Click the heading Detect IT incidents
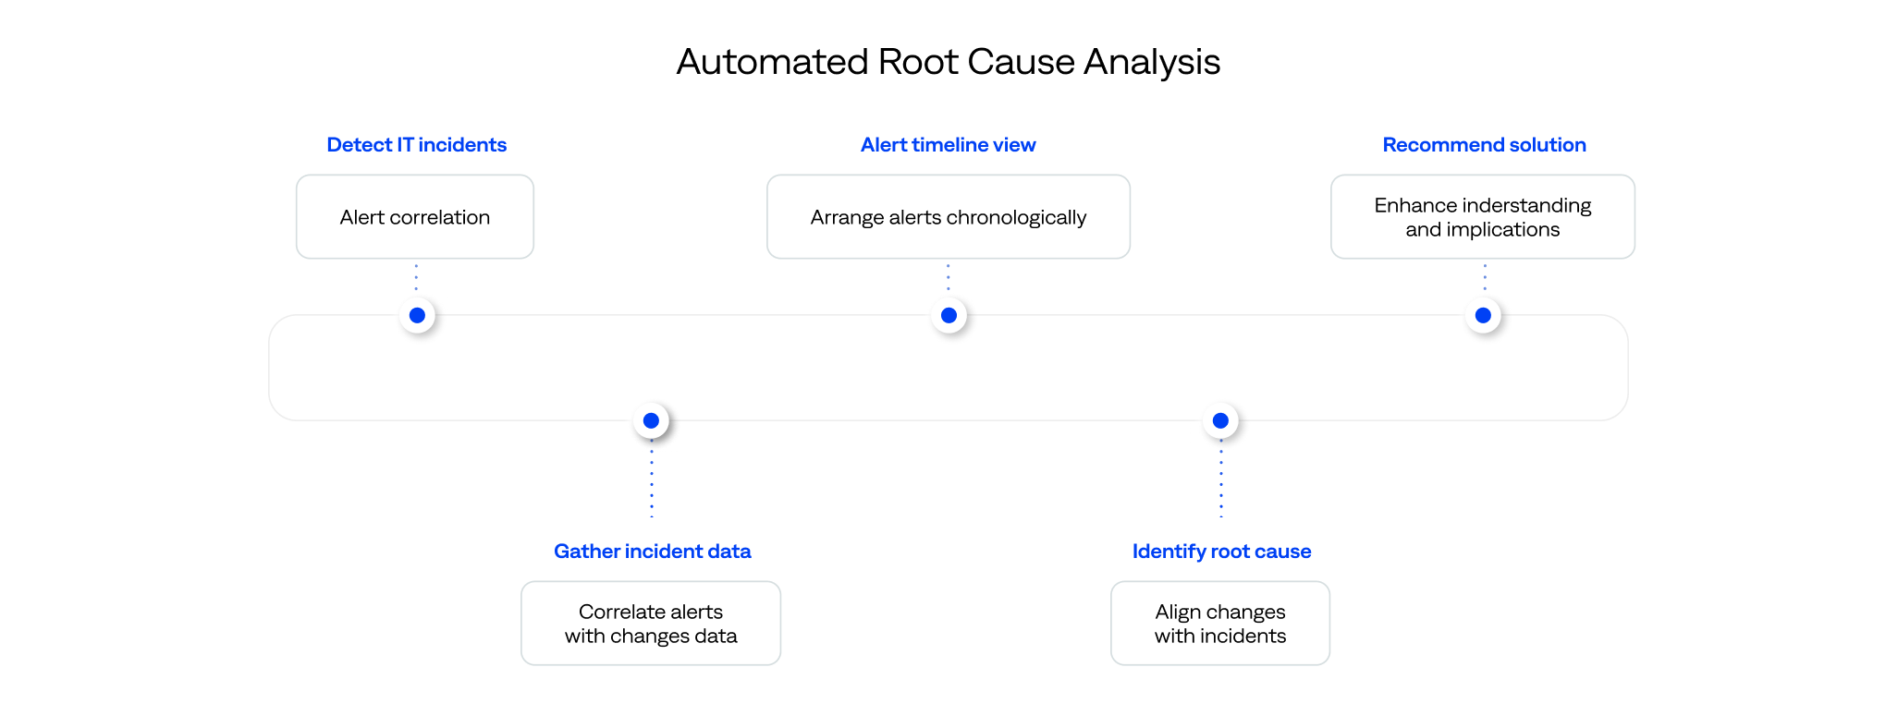tap(416, 145)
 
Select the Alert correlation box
tap(415, 217)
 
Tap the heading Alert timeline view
tap(948, 145)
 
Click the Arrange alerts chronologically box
tap(948, 217)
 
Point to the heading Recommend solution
tap(1484, 145)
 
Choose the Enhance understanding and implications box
tap(1482, 217)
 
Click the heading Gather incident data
tap(652, 552)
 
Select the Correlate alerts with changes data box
tap(651, 624)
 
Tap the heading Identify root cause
tap(1221, 552)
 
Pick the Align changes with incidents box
tap(1219, 624)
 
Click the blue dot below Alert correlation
tap(417, 315)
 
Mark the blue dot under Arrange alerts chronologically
tap(949, 315)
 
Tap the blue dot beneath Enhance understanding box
tap(1483, 315)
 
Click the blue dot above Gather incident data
tap(651, 420)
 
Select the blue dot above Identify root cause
tap(1220, 420)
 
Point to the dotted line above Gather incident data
tap(652, 485)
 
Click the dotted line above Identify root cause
tap(1221, 485)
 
